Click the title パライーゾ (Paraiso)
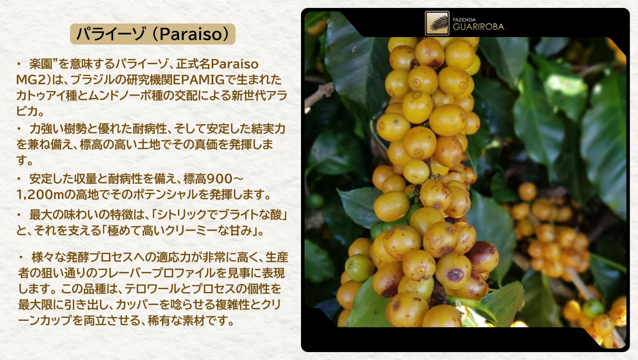(x=153, y=34)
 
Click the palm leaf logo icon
(x=437, y=23)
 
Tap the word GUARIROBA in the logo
(x=479, y=27)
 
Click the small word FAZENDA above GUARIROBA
(x=464, y=20)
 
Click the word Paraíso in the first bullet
(x=234, y=64)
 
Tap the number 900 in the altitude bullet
(x=220, y=179)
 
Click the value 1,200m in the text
(x=40, y=194)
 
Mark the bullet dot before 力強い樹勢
(x=19, y=129)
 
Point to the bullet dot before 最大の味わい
(x=19, y=215)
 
